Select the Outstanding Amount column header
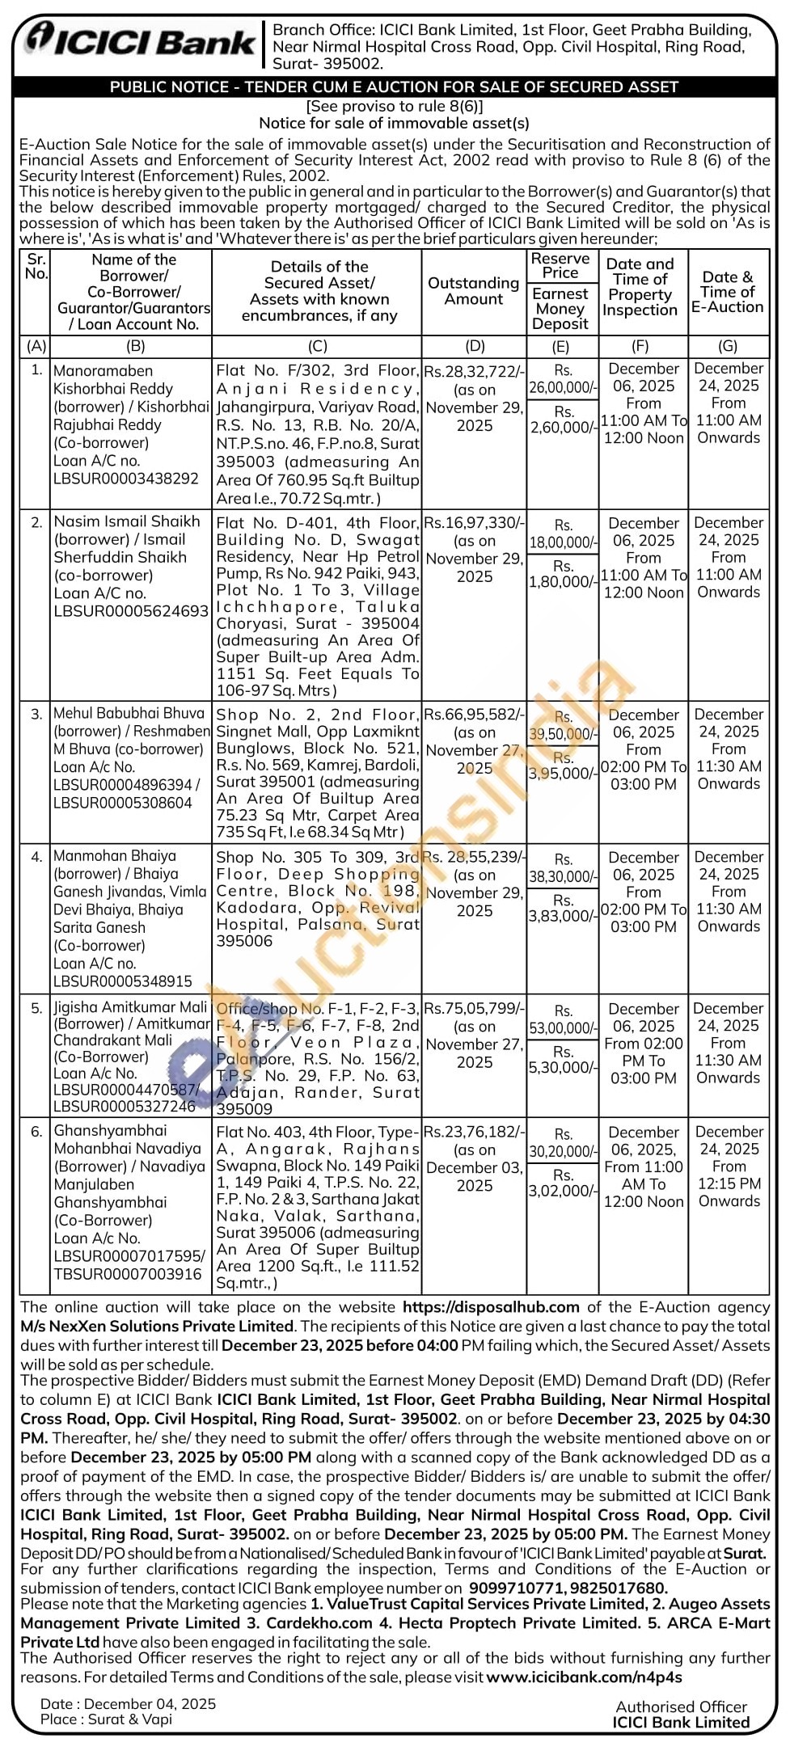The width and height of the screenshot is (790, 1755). click(473, 291)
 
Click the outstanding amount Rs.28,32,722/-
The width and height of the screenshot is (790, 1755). click(474, 372)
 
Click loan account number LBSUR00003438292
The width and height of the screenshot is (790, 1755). click(126, 479)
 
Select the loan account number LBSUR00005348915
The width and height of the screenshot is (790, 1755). click(123, 981)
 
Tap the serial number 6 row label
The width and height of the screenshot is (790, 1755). click(36, 1132)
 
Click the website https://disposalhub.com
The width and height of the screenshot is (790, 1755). click(491, 1307)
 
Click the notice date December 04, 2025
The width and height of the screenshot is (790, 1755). click(150, 1704)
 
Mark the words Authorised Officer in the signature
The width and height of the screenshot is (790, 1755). click(681, 1706)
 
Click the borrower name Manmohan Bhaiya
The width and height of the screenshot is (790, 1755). click(114, 856)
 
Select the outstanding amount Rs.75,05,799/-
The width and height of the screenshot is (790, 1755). click(474, 1009)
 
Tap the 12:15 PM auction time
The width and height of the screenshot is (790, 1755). click(729, 1183)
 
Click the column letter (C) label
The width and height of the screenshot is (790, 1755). click(318, 346)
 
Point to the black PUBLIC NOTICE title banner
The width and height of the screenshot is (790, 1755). click(395, 87)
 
